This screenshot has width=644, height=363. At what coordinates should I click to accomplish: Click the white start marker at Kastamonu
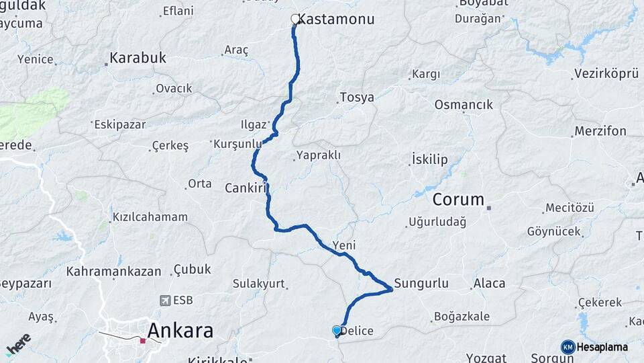pyautogui.click(x=294, y=19)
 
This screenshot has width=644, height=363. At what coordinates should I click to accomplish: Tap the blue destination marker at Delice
pyautogui.click(x=337, y=331)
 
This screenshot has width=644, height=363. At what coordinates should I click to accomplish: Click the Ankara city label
pyautogui.click(x=180, y=331)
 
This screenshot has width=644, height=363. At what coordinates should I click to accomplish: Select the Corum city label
pyautogui.click(x=458, y=200)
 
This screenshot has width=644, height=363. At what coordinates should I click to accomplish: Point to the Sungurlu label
pyautogui.click(x=421, y=283)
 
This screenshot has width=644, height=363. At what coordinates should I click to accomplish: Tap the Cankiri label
pyautogui.click(x=246, y=188)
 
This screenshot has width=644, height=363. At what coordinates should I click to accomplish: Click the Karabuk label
pyautogui.click(x=138, y=58)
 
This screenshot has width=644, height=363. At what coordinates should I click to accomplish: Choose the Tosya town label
pyautogui.click(x=357, y=97)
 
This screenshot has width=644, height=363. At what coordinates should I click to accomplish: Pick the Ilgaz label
pyautogui.click(x=254, y=124)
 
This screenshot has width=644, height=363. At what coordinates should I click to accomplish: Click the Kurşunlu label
pyautogui.click(x=237, y=144)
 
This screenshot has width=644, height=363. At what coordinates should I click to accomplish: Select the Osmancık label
pyautogui.click(x=464, y=105)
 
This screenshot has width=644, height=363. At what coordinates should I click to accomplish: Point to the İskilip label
pyautogui.click(x=429, y=160)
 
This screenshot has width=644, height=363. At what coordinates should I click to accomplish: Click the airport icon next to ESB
pyautogui.click(x=164, y=300)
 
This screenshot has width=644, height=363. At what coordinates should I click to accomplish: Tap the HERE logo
pyautogui.click(x=18, y=344)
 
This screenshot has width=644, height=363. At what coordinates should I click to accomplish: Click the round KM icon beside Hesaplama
pyautogui.click(x=568, y=347)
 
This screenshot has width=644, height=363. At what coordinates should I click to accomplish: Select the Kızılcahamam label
pyautogui.click(x=150, y=217)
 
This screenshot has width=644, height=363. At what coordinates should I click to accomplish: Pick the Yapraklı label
pyautogui.click(x=318, y=155)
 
